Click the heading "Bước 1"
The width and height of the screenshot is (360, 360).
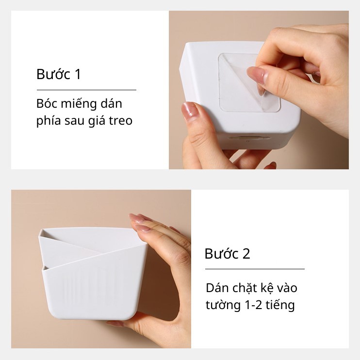click(x=58, y=75)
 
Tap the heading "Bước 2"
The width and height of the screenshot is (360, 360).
click(x=227, y=254)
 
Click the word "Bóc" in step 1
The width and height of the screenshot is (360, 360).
click(x=45, y=104)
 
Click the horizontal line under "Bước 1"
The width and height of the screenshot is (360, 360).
click(x=86, y=90)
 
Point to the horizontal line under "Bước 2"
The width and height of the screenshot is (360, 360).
click(x=255, y=269)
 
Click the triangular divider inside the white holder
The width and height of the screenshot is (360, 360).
click(x=82, y=247)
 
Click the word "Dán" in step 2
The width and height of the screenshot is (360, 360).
click(x=216, y=288)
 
